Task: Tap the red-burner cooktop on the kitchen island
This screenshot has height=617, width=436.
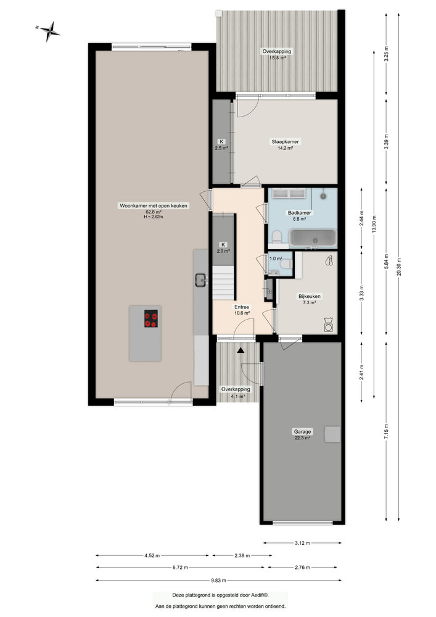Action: [150, 319]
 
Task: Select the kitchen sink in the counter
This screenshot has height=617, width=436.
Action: [201, 280]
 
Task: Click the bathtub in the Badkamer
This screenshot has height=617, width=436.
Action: [313, 238]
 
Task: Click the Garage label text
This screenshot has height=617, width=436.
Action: [302, 432]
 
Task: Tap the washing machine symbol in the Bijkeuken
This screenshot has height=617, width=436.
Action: [329, 323]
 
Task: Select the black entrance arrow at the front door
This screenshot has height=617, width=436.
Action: [241, 350]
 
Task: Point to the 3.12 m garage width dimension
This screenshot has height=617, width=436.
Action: [302, 543]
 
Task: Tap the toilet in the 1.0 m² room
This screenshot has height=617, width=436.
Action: [286, 264]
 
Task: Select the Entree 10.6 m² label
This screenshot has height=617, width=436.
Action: [242, 310]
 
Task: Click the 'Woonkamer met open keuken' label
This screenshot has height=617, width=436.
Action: [154, 206]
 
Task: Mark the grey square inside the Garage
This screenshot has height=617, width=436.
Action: [333, 434]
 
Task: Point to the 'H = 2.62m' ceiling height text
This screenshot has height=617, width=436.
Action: [154, 217]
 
